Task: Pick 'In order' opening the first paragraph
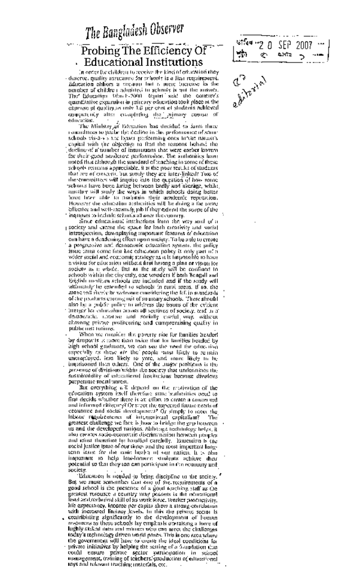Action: pyautogui.click(x=89, y=73)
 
